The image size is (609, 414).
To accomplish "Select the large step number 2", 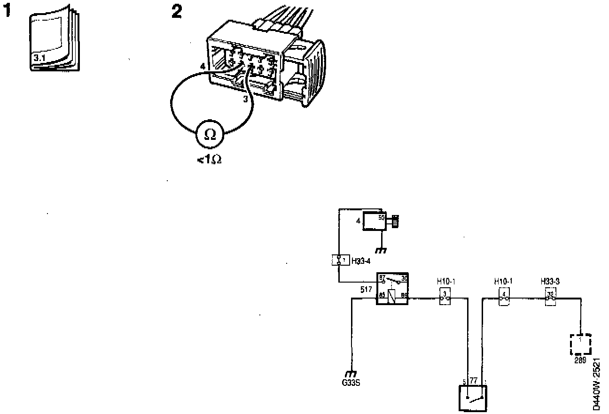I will [x=176, y=12].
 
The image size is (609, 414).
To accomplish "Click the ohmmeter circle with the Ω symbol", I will [x=211, y=135].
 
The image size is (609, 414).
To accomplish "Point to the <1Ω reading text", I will [x=209, y=160].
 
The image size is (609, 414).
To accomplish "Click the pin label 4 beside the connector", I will [x=202, y=67].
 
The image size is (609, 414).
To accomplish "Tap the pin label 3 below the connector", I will [x=245, y=99].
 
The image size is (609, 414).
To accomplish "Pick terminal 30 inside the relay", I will [x=404, y=278].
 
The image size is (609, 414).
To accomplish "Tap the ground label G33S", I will [x=351, y=382].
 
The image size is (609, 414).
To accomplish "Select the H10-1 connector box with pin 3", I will [x=445, y=297].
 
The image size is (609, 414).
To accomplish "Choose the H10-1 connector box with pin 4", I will [x=504, y=297].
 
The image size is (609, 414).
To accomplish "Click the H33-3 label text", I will [x=550, y=282].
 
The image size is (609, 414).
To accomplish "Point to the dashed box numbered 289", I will [x=580, y=345].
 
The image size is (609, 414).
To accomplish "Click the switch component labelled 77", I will [x=472, y=398].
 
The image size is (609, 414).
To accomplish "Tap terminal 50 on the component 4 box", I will [x=381, y=217].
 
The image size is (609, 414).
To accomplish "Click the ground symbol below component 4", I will [x=382, y=250].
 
